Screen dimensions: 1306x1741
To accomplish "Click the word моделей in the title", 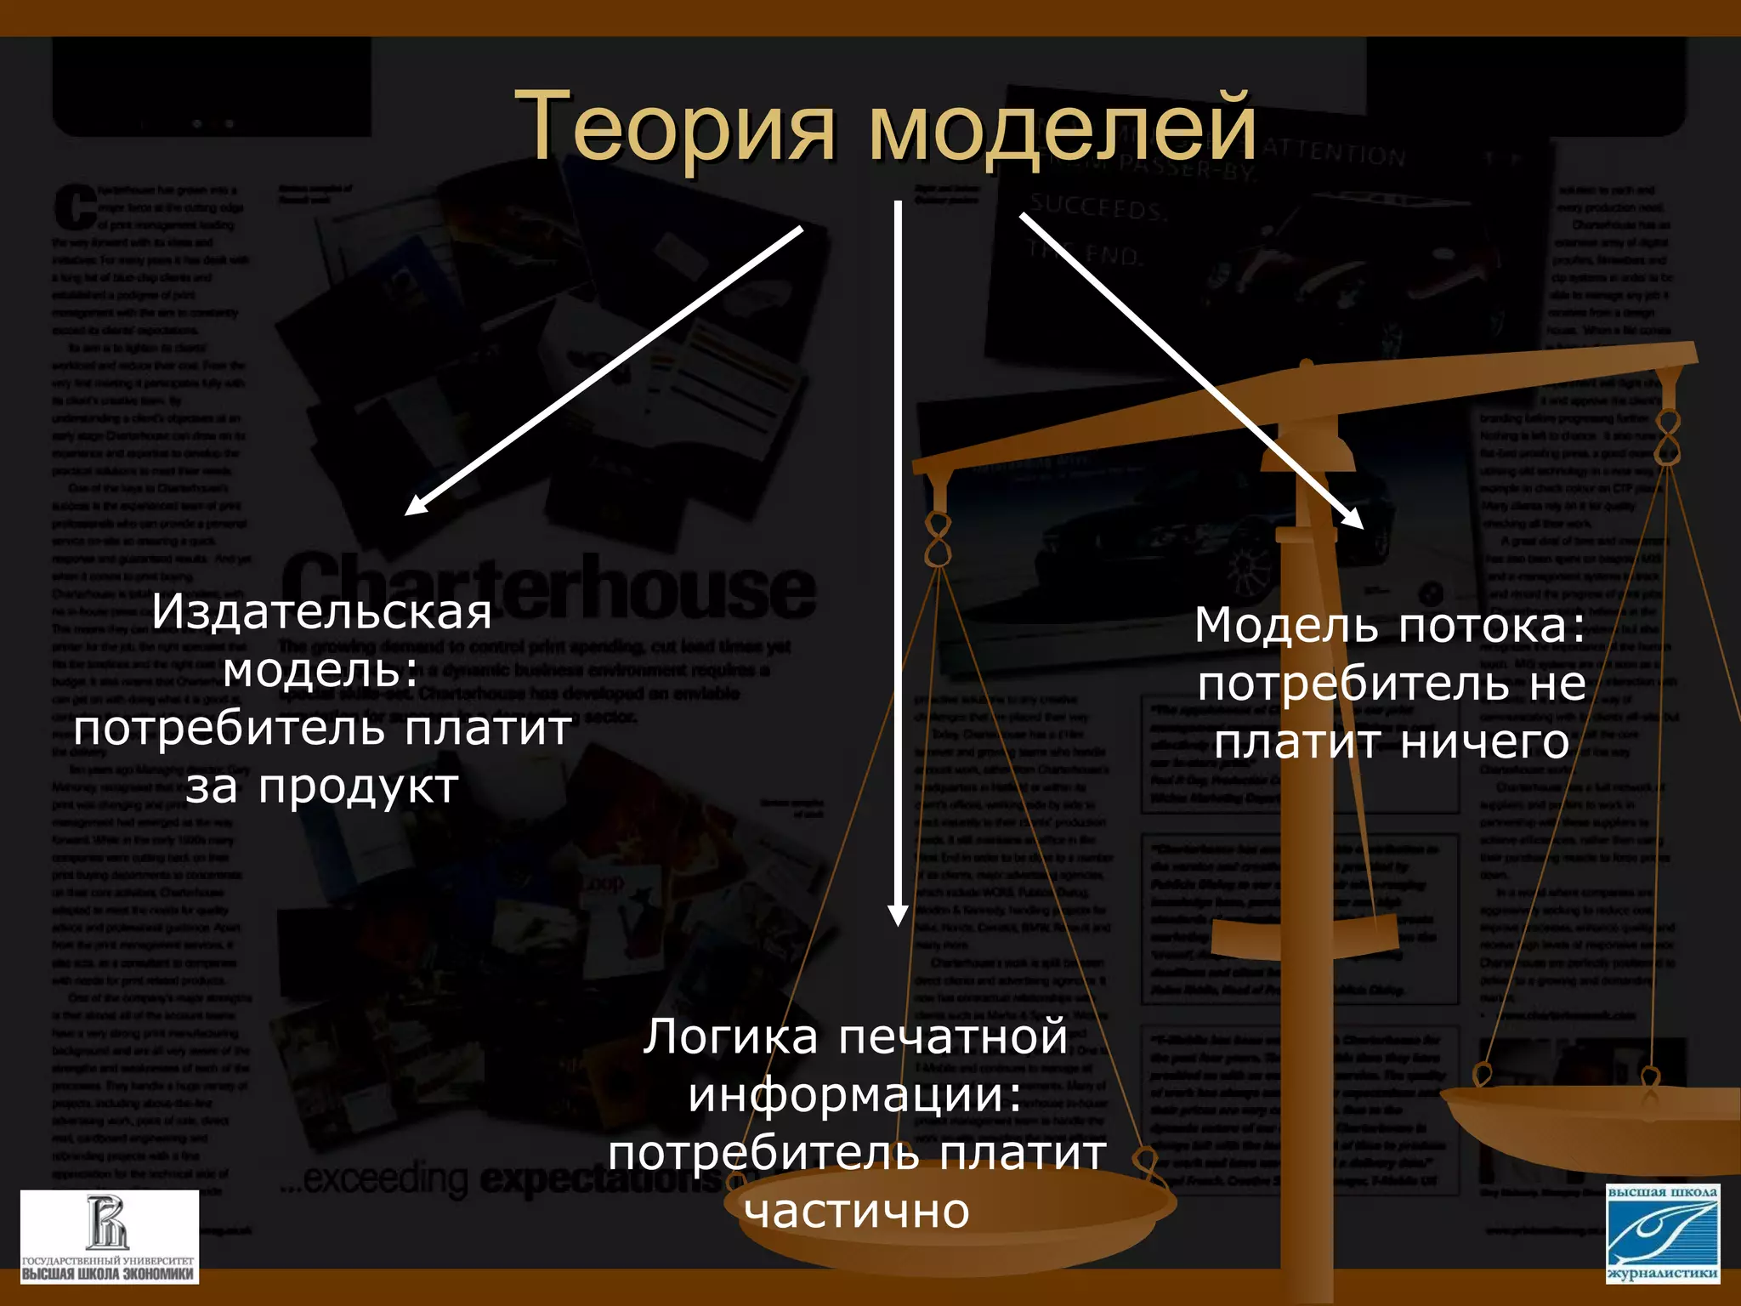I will coord(1062,128).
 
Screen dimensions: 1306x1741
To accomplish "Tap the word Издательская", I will coord(321,612).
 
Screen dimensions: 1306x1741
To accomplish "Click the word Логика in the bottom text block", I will coord(730,1037).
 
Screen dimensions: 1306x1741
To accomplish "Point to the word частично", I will coord(857,1211).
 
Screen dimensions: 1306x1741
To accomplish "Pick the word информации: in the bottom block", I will coord(855,1095).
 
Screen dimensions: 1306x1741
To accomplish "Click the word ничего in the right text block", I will coord(1484,741).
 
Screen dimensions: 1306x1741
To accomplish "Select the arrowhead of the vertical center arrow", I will coord(898,915).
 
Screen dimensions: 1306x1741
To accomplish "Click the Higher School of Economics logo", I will coord(109,1236).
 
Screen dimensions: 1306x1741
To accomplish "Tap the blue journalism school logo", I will coord(1663,1233).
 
